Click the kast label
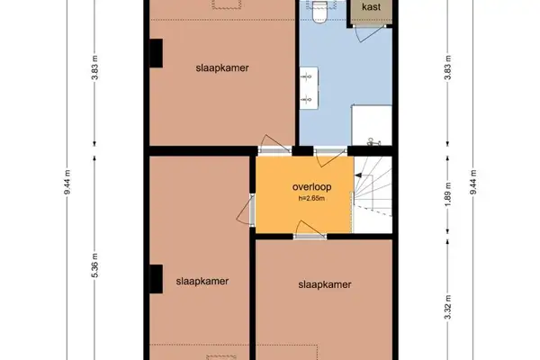[370, 7]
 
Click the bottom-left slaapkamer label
[202, 281]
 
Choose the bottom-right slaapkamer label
[324, 284]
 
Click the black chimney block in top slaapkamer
[155, 53]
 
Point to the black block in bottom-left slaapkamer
[155, 281]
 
